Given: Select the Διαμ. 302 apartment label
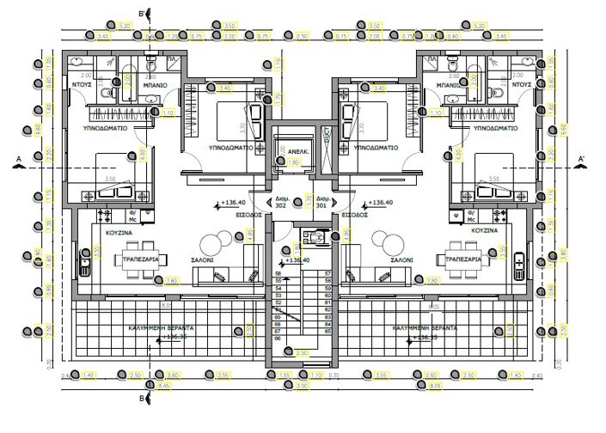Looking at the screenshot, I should tap(280, 202).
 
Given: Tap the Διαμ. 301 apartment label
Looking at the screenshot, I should tap(321, 202).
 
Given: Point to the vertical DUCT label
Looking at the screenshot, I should tap(326, 139).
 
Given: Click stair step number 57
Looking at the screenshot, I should tap(327, 273).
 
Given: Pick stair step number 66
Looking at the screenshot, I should tap(278, 338).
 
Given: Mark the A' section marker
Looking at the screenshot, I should tap(582, 159).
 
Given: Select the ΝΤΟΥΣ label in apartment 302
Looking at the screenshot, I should tap(82, 86).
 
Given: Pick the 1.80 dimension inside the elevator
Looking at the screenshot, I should tap(294, 162).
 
